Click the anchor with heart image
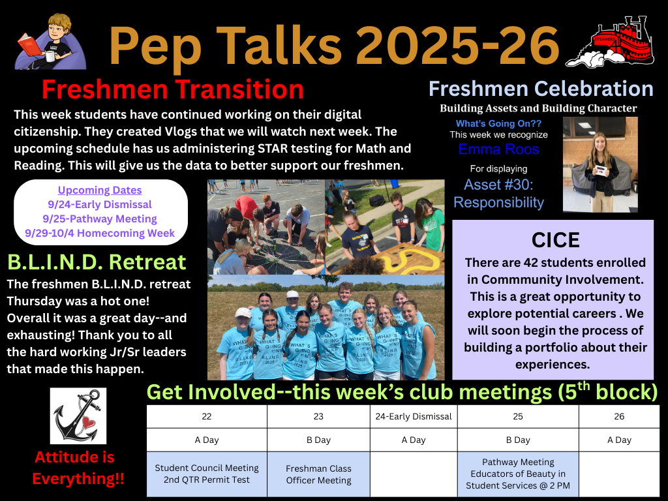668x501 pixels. click(78, 416)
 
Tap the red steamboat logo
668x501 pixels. click(611, 42)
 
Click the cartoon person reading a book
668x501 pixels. click(50, 41)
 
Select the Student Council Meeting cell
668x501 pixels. click(207, 474)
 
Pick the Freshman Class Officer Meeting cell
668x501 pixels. click(318, 474)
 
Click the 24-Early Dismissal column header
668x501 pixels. click(414, 416)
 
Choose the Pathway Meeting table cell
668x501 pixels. click(518, 474)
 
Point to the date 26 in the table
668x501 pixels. click(619, 416)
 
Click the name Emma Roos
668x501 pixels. click(498, 149)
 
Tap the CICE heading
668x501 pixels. click(556, 240)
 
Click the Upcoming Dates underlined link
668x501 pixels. click(100, 190)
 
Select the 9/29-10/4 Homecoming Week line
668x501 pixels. click(100, 233)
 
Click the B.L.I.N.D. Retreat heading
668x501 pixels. click(97, 262)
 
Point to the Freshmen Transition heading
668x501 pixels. click(173, 89)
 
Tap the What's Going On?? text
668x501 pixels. click(498, 123)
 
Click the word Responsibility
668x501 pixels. click(498, 202)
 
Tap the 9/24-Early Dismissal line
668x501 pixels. click(100, 204)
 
